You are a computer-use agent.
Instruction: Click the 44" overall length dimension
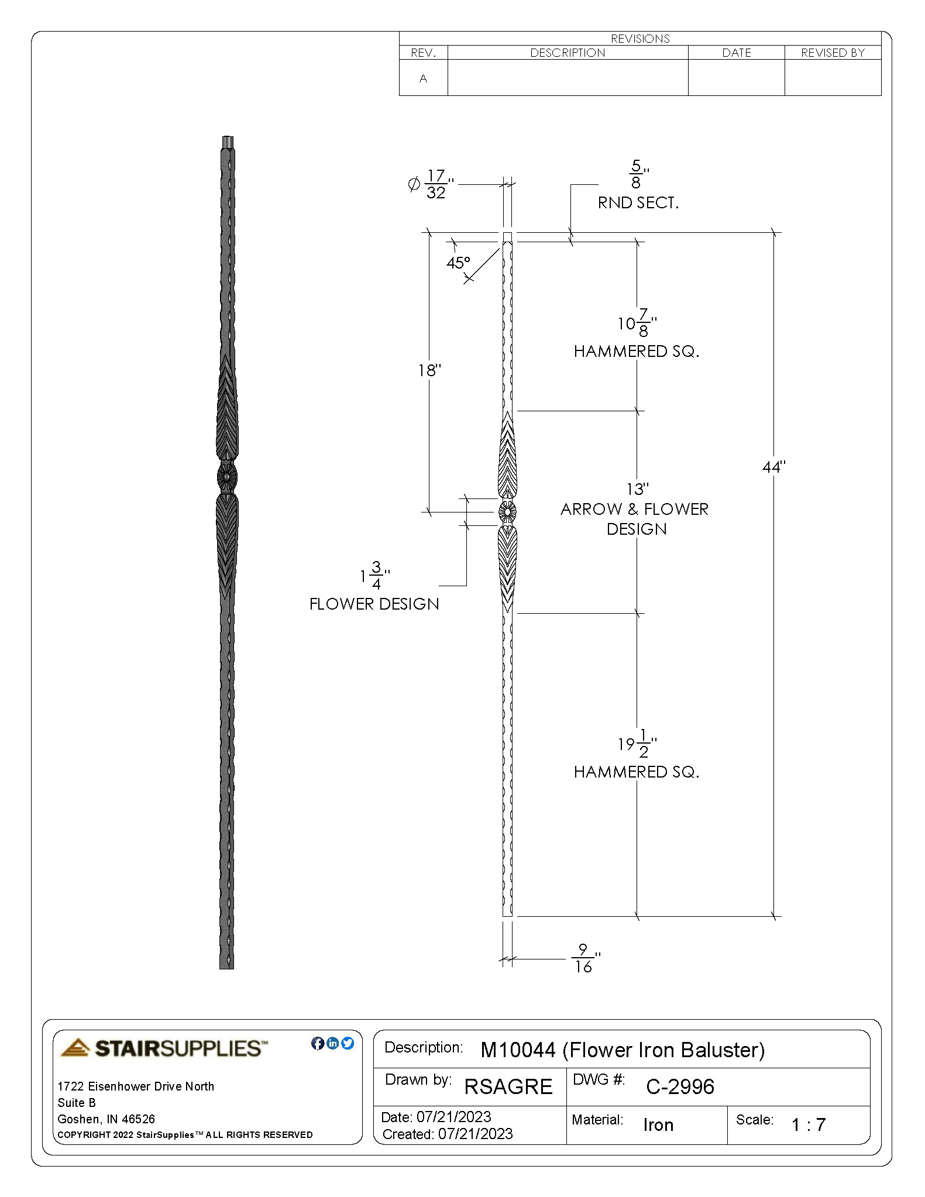[773, 467]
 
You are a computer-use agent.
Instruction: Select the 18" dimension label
[429, 370]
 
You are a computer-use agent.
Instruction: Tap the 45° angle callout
[458, 263]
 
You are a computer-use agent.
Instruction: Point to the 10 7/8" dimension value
[637, 323]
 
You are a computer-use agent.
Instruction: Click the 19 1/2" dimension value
[637, 744]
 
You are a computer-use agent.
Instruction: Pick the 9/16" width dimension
[583, 958]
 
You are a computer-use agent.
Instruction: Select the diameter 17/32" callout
[431, 185]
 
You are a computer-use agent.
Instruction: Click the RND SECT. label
[638, 203]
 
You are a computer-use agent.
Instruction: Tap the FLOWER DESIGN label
[374, 604]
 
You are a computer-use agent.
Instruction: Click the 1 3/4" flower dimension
[374, 576]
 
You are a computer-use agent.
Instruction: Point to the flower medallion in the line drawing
[507, 512]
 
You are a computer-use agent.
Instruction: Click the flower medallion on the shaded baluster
[227, 479]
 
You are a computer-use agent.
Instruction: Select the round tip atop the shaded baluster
[228, 142]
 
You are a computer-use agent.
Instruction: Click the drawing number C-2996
[680, 1086]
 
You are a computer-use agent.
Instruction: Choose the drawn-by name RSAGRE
[508, 1086]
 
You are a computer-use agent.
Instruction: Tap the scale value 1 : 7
[808, 1124]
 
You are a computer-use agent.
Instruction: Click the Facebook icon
[318, 1043]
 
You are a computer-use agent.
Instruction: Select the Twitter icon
[348, 1043]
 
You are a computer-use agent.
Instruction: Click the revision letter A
[423, 78]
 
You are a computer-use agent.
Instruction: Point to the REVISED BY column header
[833, 53]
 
